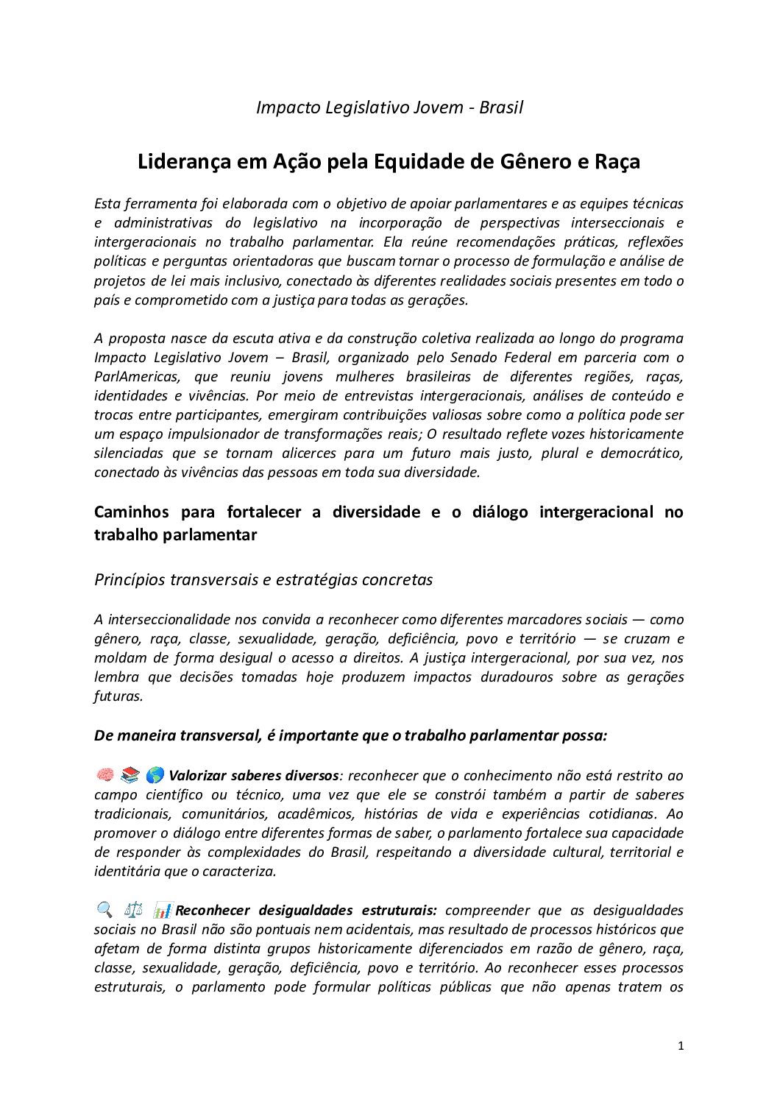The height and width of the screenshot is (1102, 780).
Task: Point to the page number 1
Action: pos(681,1045)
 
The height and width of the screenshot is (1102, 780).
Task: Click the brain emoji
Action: pos(104,774)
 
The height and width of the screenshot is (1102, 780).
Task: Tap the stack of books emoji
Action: pos(130,774)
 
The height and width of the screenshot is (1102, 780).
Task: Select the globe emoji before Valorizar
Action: pos(155,774)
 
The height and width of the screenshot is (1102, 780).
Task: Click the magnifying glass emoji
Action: pos(104,910)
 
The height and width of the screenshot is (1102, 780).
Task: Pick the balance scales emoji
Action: pos(133,910)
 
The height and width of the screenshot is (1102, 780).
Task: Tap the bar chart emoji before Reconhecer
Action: pos(163,910)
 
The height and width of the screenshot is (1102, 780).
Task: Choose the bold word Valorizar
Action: pos(196,775)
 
